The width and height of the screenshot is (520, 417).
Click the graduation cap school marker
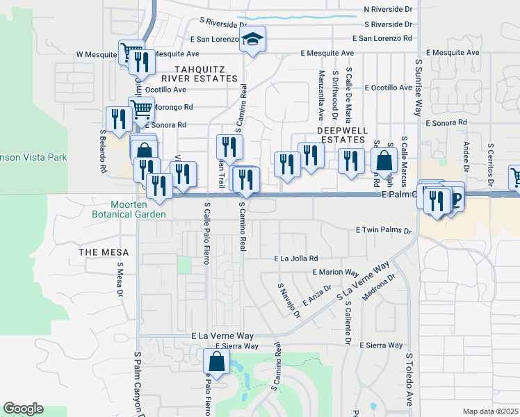[253, 40]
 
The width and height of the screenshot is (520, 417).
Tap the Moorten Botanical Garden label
[138, 209]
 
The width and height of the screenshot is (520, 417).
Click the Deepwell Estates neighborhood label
[341, 135]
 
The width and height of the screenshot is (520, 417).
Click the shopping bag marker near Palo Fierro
[217, 362]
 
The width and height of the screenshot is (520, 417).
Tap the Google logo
[23, 409]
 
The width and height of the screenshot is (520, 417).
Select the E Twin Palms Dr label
[384, 229]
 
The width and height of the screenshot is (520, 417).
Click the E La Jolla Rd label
[295, 258]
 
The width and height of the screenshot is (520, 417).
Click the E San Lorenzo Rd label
[382, 38]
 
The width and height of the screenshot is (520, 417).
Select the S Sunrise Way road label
[419, 86]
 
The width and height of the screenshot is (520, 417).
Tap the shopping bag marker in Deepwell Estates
[384, 161]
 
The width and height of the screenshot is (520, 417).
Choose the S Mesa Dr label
[120, 281]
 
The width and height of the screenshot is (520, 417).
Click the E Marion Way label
[336, 272]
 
